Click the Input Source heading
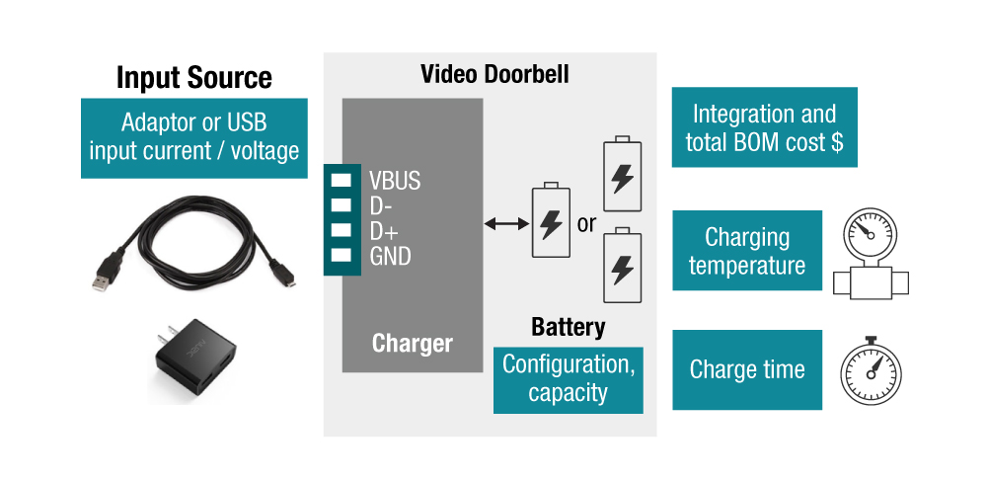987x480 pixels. tap(194, 77)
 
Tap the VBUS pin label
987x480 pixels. tap(395, 181)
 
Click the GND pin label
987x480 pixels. tap(390, 257)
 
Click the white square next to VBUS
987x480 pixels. tap(342, 180)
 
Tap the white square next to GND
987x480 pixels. tap(342, 256)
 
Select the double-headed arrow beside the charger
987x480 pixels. tap(507, 224)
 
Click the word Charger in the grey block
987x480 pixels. tap(413, 344)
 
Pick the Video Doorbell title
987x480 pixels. tap(494, 75)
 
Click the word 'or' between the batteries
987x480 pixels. tap(586, 224)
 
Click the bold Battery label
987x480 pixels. tap(568, 328)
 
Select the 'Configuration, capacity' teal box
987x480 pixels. tap(568, 379)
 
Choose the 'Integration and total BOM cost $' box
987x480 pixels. tap(764, 127)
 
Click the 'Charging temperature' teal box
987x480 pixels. tap(747, 251)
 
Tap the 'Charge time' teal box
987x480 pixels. tap(747, 370)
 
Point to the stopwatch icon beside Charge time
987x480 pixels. tap(871, 373)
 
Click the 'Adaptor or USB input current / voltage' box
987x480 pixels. tap(194, 137)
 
